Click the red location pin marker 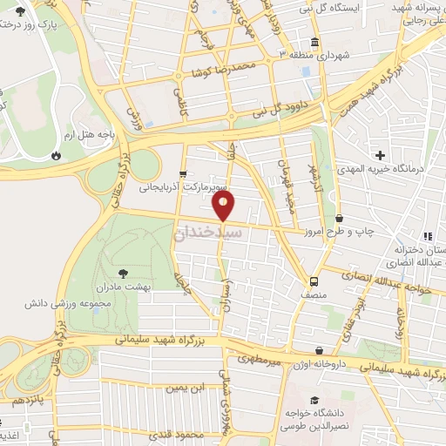[x=224, y=206]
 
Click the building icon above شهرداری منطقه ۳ [x=313, y=42]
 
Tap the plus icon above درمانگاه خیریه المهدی [x=380, y=154]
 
